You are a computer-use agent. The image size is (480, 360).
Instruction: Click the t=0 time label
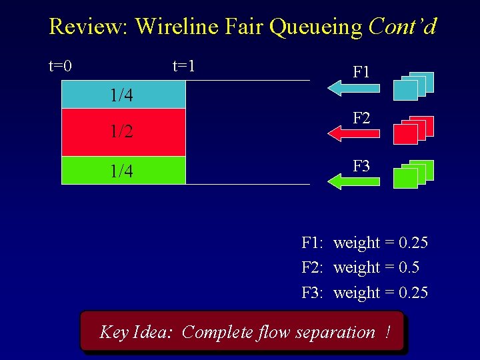[61, 66]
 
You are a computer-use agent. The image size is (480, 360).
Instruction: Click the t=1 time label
[183, 66]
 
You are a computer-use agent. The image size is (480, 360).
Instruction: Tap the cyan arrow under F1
[353, 86]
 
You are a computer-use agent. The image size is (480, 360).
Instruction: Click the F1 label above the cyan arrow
[361, 71]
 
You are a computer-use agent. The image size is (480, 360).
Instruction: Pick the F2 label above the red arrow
[361, 119]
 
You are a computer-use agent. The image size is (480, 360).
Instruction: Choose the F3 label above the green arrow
[361, 165]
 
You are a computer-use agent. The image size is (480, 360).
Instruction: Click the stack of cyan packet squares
[413, 86]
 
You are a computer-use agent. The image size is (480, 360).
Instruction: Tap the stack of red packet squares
[413, 130]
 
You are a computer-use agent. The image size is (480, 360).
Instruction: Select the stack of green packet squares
[413, 174]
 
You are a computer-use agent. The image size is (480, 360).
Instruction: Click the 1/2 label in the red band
[121, 132]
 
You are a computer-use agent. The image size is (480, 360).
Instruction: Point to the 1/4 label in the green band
[121, 171]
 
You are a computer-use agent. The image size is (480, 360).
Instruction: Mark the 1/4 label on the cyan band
[121, 96]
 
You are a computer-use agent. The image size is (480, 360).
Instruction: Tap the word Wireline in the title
[175, 27]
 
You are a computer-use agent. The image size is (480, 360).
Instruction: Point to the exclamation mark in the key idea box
[387, 331]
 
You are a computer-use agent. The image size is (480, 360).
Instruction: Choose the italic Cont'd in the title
[402, 27]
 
